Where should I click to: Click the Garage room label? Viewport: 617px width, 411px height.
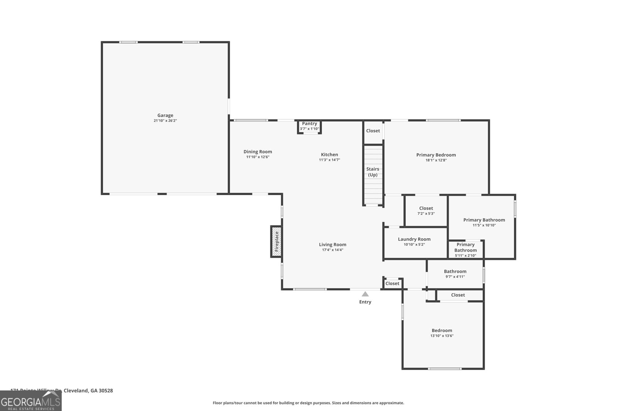[x=165, y=115]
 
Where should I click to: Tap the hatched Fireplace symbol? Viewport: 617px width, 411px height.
[x=276, y=242]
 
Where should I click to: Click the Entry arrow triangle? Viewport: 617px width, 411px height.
[x=365, y=294]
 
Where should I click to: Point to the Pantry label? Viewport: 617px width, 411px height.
[x=309, y=124]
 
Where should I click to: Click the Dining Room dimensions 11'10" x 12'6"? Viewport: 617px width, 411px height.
[x=258, y=157]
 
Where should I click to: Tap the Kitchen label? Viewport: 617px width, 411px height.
[x=329, y=154]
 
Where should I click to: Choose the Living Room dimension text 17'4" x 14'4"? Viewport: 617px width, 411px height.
[x=332, y=250]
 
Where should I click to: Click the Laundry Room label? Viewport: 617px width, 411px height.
[x=414, y=239]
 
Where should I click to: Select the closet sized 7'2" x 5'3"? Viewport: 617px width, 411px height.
[x=426, y=210]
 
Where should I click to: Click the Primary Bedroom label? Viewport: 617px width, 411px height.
[x=436, y=155]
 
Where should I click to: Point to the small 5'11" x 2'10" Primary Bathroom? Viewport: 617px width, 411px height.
[x=465, y=250]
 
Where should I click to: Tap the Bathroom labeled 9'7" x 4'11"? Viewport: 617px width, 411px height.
[x=455, y=273]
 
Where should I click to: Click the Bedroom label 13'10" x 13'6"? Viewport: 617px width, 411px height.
[x=442, y=333]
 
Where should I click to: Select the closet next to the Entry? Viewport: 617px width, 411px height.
[x=392, y=284]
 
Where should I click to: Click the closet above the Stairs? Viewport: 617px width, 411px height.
[x=373, y=131]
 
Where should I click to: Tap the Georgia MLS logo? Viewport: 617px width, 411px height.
[x=30, y=402]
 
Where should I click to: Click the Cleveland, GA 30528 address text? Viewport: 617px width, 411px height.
[x=88, y=391]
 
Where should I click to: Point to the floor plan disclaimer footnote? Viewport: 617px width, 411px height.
[x=308, y=403]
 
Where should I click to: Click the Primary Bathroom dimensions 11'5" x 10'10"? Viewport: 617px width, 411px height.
[x=484, y=225]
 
